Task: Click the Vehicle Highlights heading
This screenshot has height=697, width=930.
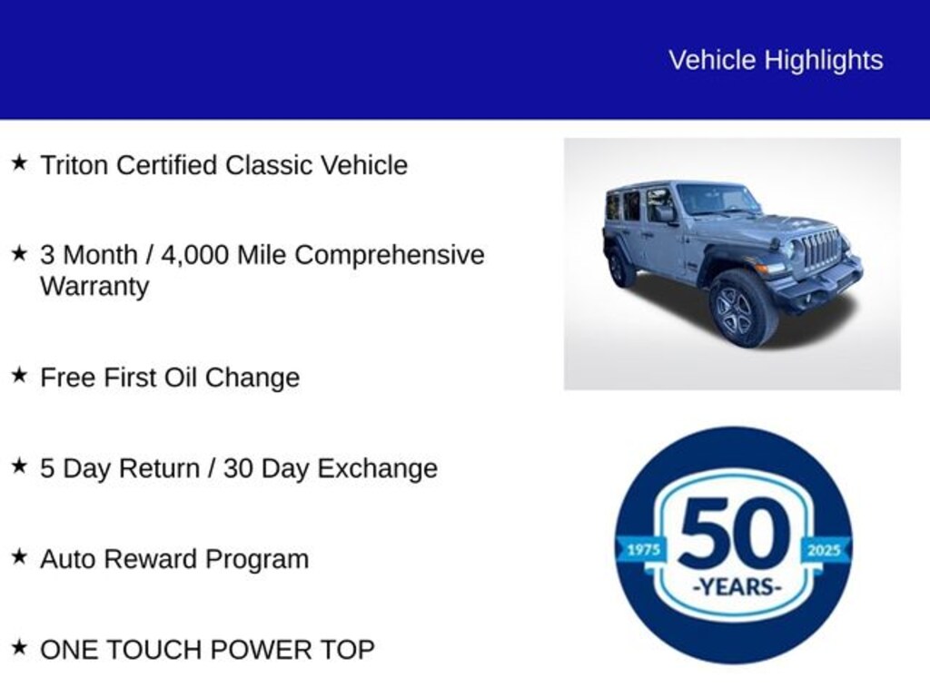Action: tap(776, 61)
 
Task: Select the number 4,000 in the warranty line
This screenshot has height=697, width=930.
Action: tap(194, 255)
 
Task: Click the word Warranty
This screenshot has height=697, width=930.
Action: tap(94, 287)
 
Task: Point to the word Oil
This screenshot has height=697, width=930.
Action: tap(181, 378)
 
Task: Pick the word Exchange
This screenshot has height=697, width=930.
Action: tap(378, 469)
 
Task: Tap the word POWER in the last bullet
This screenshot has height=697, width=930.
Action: tap(268, 650)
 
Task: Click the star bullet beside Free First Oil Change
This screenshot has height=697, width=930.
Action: tap(20, 375)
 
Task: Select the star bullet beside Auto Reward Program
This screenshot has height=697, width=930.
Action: tap(20, 556)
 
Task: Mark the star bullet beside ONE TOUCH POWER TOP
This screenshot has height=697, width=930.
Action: tap(20, 646)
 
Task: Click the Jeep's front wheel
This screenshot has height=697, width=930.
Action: tap(743, 309)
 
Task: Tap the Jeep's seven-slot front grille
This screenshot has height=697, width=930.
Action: tap(821, 248)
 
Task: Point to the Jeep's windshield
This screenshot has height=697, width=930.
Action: tap(717, 199)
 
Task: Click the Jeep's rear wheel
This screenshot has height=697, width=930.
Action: tap(619, 268)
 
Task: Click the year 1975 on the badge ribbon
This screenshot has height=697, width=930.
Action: tap(644, 550)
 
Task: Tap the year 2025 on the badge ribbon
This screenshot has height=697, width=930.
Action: tap(824, 550)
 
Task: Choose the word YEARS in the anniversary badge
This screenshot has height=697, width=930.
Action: tap(737, 587)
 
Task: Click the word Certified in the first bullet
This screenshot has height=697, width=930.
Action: tap(167, 165)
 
